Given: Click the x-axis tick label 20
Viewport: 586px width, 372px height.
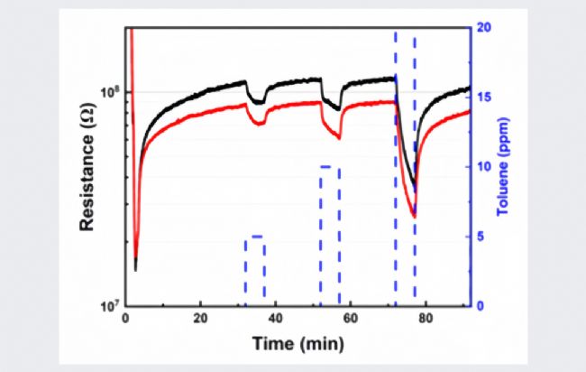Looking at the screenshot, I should click(201, 318).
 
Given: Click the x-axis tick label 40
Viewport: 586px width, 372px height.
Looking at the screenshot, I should click(276, 318).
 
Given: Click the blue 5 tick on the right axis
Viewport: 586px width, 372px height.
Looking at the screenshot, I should click(482, 237).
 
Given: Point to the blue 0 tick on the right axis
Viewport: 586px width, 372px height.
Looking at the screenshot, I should click(482, 305).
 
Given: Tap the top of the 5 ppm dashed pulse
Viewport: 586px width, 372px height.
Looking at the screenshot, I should click(255, 237).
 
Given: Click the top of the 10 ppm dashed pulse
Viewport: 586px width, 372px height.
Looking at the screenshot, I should click(330, 167).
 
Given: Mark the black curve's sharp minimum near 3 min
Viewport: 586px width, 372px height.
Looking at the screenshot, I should click(135, 268).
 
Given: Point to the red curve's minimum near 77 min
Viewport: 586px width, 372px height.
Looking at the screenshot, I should click(414, 217).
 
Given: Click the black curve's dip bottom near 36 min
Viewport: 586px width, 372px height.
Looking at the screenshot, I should click(260, 104).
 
